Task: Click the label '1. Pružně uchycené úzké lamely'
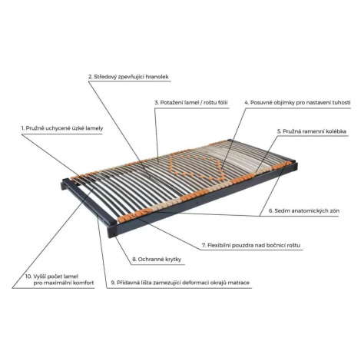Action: point(62,128)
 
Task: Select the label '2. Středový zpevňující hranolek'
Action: point(128,77)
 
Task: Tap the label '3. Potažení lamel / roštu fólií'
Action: point(191,103)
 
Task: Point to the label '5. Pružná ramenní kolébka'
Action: point(312,131)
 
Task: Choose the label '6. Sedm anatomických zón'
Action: point(304,210)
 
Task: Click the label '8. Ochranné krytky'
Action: point(157,260)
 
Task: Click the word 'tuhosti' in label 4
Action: point(341,103)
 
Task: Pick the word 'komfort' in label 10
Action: point(84,283)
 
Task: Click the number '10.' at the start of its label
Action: point(28,277)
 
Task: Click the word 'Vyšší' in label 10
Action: point(40,277)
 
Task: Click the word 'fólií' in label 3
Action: point(222,103)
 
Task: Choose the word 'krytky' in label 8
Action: point(173,260)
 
